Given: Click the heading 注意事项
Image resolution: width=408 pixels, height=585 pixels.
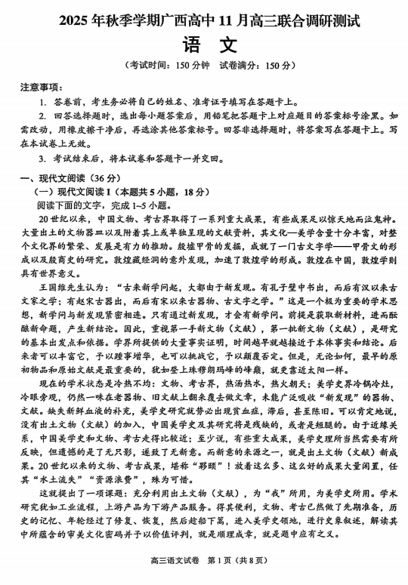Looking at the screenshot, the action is (x=40, y=88).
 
